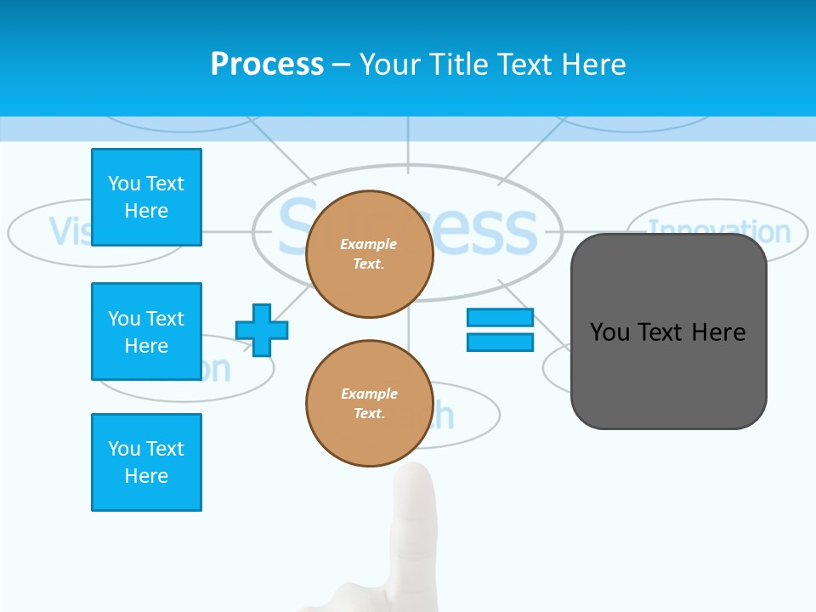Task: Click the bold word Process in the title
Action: click(x=267, y=65)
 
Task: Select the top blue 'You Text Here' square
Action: click(x=146, y=197)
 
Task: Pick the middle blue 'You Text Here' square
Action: click(x=146, y=331)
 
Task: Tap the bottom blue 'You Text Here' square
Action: click(x=146, y=462)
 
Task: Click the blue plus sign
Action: click(x=262, y=330)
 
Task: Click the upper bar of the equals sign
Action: click(x=500, y=317)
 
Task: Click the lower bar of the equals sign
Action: click(x=500, y=343)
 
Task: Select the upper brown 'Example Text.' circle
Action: click(x=370, y=254)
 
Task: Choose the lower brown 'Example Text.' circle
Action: click(x=370, y=404)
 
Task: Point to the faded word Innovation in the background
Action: click(x=719, y=230)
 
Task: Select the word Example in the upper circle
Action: click(x=369, y=245)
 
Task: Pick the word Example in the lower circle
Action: click(x=369, y=394)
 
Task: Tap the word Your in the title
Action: click(x=388, y=65)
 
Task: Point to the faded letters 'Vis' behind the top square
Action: click(x=68, y=231)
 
